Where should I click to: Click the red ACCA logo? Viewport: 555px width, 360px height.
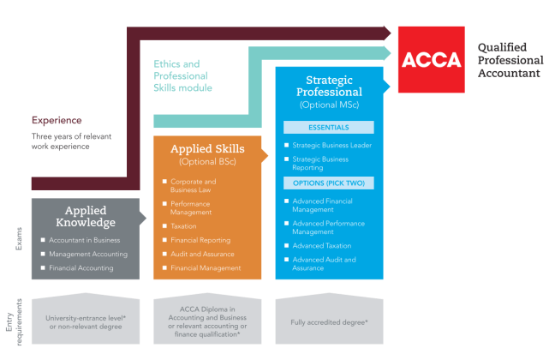(x=431, y=60)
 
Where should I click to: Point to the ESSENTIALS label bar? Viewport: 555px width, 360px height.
(x=328, y=127)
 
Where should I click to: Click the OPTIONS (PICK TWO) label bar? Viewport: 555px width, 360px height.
(x=328, y=183)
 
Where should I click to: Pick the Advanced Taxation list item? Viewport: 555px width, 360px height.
(x=321, y=246)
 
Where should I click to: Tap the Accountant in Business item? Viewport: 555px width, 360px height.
(x=84, y=240)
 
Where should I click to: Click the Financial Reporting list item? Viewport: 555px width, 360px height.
(x=200, y=241)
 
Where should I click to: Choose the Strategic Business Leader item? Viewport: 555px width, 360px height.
(x=331, y=145)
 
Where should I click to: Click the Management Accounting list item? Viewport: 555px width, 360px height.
(x=88, y=254)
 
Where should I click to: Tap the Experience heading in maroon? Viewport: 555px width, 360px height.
(x=57, y=120)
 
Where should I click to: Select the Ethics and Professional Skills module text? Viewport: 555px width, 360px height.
(x=182, y=75)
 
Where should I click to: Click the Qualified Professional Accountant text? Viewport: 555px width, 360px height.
(x=510, y=60)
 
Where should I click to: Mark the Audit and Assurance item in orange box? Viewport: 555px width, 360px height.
(x=201, y=255)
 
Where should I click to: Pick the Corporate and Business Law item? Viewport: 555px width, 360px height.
(x=193, y=186)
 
